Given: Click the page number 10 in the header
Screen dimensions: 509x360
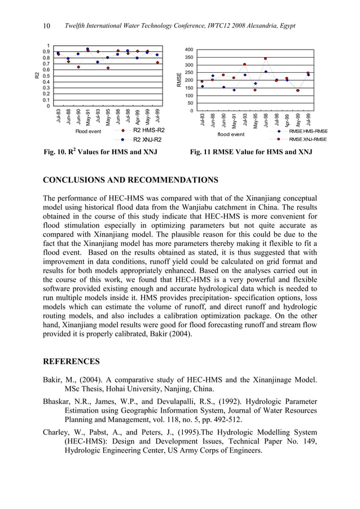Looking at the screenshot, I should (47, 27).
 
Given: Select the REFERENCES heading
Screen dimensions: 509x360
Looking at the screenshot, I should (72, 361).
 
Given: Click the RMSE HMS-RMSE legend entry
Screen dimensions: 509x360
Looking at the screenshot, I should (308, 130).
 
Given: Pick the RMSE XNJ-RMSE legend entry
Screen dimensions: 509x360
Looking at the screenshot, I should (308, 139).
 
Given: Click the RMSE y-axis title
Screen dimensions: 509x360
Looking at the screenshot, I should (178, 80).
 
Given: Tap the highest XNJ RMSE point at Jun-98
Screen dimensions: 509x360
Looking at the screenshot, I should (265, 58).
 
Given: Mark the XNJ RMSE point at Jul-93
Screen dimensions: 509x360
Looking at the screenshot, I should (244, 64).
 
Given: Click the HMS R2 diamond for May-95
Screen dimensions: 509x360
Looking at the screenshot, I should (107, 68).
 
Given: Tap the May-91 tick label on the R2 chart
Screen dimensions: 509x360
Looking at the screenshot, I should (87, 116).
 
